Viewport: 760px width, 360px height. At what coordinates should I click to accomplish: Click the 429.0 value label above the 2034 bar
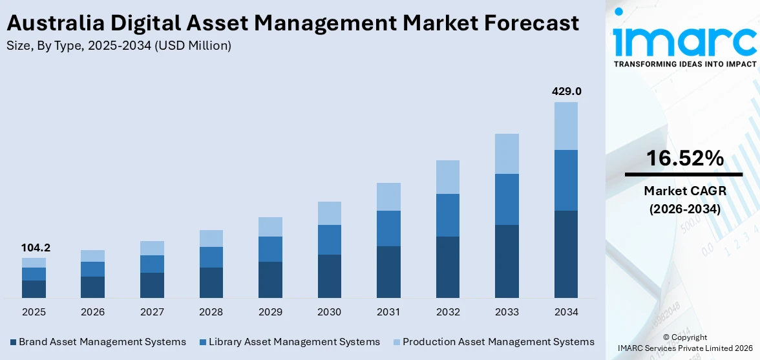566,92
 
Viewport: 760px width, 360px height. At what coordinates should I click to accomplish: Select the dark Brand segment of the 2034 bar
566,254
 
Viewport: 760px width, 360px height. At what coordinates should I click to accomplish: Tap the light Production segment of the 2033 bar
507,154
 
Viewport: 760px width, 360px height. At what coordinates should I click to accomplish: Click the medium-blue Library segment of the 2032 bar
448,215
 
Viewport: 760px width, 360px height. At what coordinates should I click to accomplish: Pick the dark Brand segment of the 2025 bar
34,289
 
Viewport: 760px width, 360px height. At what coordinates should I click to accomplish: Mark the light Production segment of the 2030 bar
330,213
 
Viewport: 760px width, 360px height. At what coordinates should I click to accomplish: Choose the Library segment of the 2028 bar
211,257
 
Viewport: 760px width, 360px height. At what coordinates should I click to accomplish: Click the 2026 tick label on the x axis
93,312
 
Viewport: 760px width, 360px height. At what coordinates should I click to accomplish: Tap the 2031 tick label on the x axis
388,312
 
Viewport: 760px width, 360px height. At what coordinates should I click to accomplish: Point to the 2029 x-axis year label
270,312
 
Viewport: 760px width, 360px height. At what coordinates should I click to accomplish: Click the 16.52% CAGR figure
683,158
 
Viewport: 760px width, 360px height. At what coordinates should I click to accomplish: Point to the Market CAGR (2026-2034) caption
683,200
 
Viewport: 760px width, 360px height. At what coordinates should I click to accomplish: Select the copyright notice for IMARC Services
684,343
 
